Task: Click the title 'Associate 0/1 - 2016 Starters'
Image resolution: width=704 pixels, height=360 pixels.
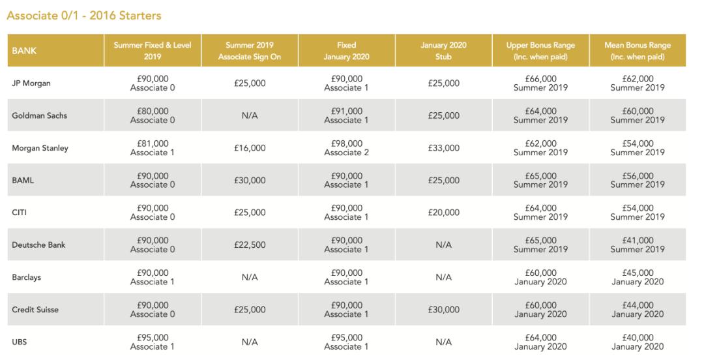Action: coord(84,15)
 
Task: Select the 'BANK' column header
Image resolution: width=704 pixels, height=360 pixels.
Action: coord(25,50)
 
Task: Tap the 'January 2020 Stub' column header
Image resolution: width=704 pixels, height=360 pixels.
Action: coord(443,50)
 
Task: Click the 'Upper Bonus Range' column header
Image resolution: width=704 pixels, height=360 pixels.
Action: coord(540,50)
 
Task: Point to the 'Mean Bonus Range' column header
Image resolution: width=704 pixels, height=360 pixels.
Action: coord(637,50)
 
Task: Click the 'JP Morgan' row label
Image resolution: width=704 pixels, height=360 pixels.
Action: coord(31,83)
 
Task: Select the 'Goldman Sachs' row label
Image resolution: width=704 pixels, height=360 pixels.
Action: coord(39,115)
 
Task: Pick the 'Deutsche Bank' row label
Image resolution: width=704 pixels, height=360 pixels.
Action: coord(38,245)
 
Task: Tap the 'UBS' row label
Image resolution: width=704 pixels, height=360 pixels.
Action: coord(20,342)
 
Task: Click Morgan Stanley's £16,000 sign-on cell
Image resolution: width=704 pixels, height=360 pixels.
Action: coord(250,148)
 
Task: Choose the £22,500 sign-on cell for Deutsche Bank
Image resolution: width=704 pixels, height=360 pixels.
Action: coord(250,245)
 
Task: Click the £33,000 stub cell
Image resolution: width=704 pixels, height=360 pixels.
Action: coord(443,148)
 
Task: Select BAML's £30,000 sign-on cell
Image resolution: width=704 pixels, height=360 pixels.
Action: coord(250,181)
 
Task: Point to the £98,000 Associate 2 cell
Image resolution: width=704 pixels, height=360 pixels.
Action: coord(346,148)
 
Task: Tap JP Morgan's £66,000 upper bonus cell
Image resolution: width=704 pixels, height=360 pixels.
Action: coord(540,83)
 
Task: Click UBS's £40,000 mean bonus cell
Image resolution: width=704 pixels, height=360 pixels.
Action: coord(637,342)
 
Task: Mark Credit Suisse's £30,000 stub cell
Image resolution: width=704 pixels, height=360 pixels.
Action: coord(443,310)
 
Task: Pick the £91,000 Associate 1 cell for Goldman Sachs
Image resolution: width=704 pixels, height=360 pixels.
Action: coord(346,115)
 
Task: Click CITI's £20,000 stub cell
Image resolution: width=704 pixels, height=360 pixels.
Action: coord(443,213)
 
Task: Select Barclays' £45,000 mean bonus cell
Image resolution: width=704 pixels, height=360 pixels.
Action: coord(637,277)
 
